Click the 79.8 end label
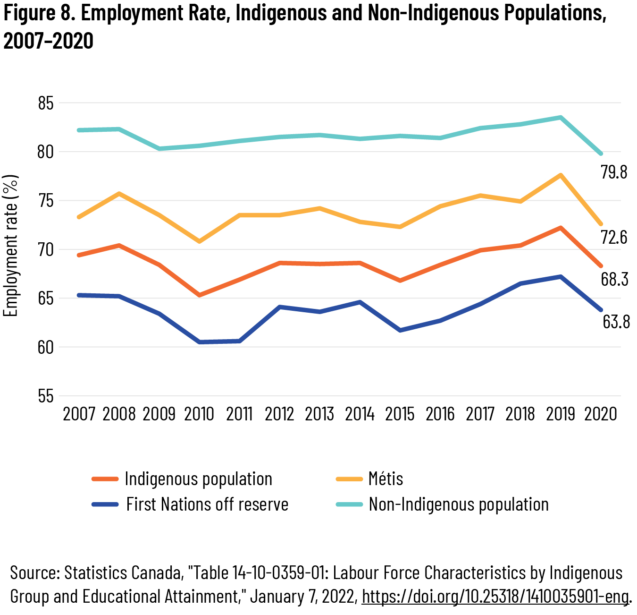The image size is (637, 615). click(614, 172)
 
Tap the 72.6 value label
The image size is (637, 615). click(614, 237)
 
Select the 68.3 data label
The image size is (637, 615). click(614, 280)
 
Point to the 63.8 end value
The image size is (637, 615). click(616, 322)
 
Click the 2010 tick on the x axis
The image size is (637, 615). click(199, 414)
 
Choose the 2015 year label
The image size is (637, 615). click(400, 414)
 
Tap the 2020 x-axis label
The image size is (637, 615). click(601, 414)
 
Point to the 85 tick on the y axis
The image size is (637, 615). click(46, 103)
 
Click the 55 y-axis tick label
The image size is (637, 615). click(46, 396)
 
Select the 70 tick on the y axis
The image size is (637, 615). click(46, 249)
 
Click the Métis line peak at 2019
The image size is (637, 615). click(560, 175)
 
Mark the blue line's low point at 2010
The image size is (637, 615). click(200, 342)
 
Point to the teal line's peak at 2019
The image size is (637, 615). click(561, 117)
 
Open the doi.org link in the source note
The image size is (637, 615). click(496, 597)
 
